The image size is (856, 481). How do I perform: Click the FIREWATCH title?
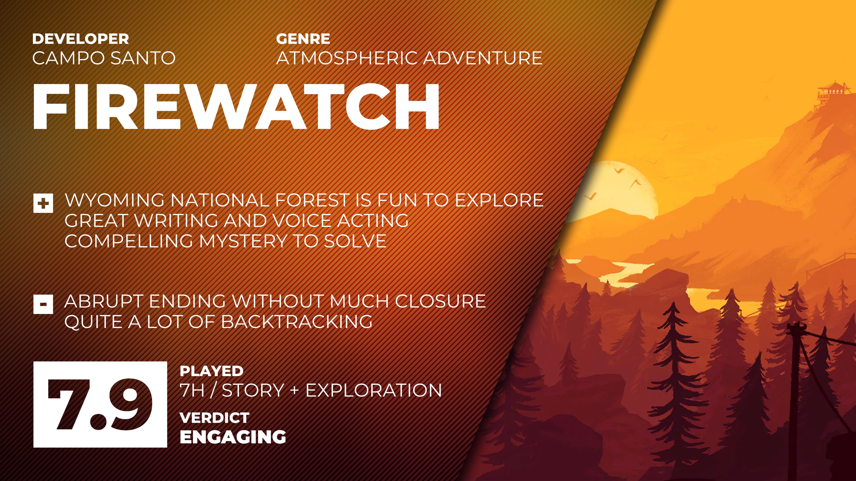pos(236,107)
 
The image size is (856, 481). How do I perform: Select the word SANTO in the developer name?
pos(143,58)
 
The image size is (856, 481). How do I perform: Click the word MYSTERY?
pos(243,241)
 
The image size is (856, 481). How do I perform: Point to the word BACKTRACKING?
pos(296,322)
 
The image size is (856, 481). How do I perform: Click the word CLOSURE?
pos(440,302)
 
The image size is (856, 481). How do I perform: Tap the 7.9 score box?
pos(100,404)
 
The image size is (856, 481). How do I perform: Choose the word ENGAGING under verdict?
pos(233,437)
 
